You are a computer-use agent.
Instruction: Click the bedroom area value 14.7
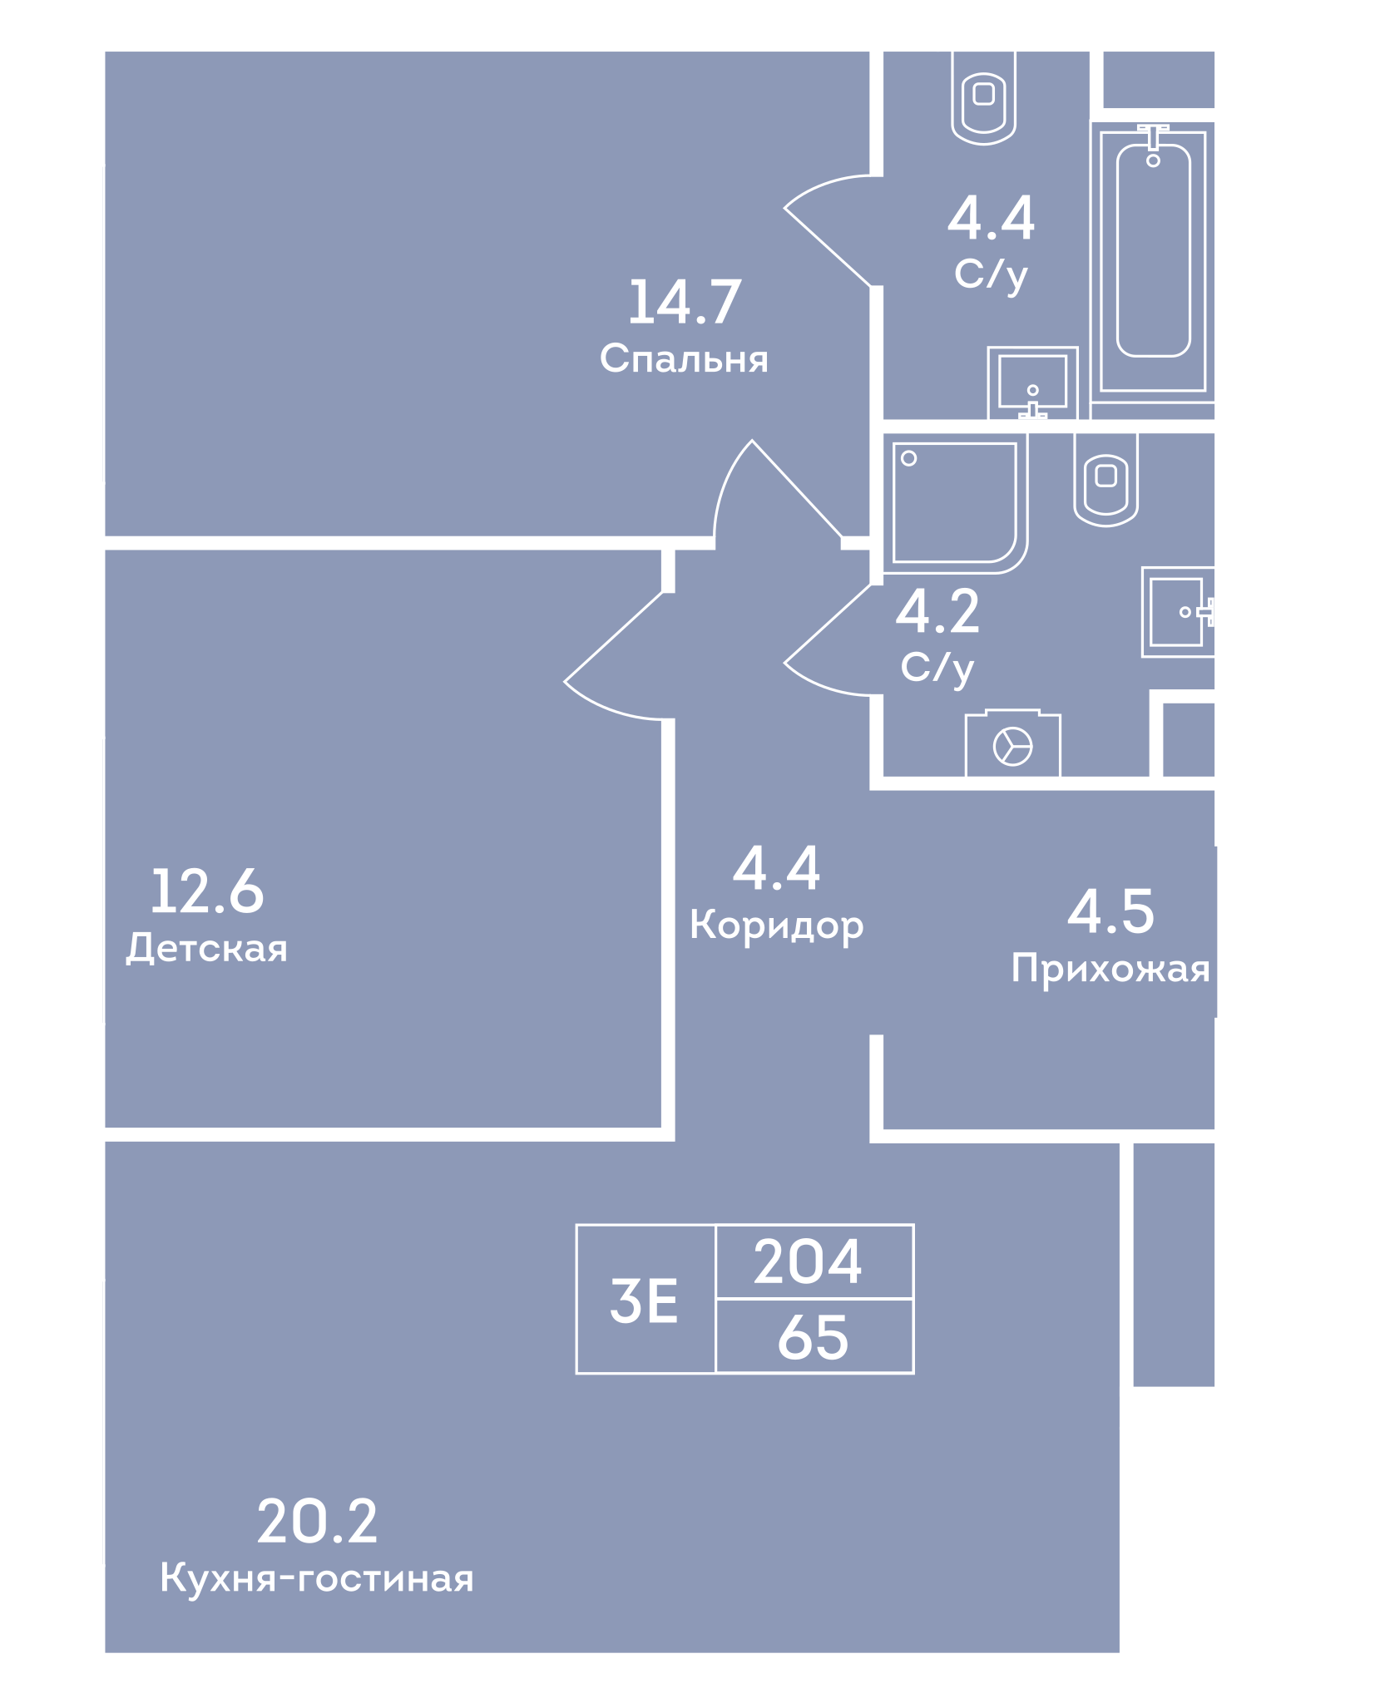685,302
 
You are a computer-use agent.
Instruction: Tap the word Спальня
684,359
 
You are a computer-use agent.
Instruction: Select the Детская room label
207,949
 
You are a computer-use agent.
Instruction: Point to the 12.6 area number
207,891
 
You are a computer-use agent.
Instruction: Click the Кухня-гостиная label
317,1577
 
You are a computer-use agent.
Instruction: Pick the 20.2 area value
317,1522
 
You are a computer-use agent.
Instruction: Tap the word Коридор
777,926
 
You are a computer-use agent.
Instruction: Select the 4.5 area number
1111,911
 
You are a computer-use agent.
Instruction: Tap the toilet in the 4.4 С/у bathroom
984,97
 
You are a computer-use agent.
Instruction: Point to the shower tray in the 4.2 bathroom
956,502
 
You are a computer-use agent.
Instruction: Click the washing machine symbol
1012,744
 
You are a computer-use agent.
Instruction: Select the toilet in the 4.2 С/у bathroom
1105,480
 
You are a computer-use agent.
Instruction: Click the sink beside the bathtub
1032,383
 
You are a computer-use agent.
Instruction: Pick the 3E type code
644,1301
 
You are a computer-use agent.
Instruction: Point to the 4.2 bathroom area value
937,612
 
